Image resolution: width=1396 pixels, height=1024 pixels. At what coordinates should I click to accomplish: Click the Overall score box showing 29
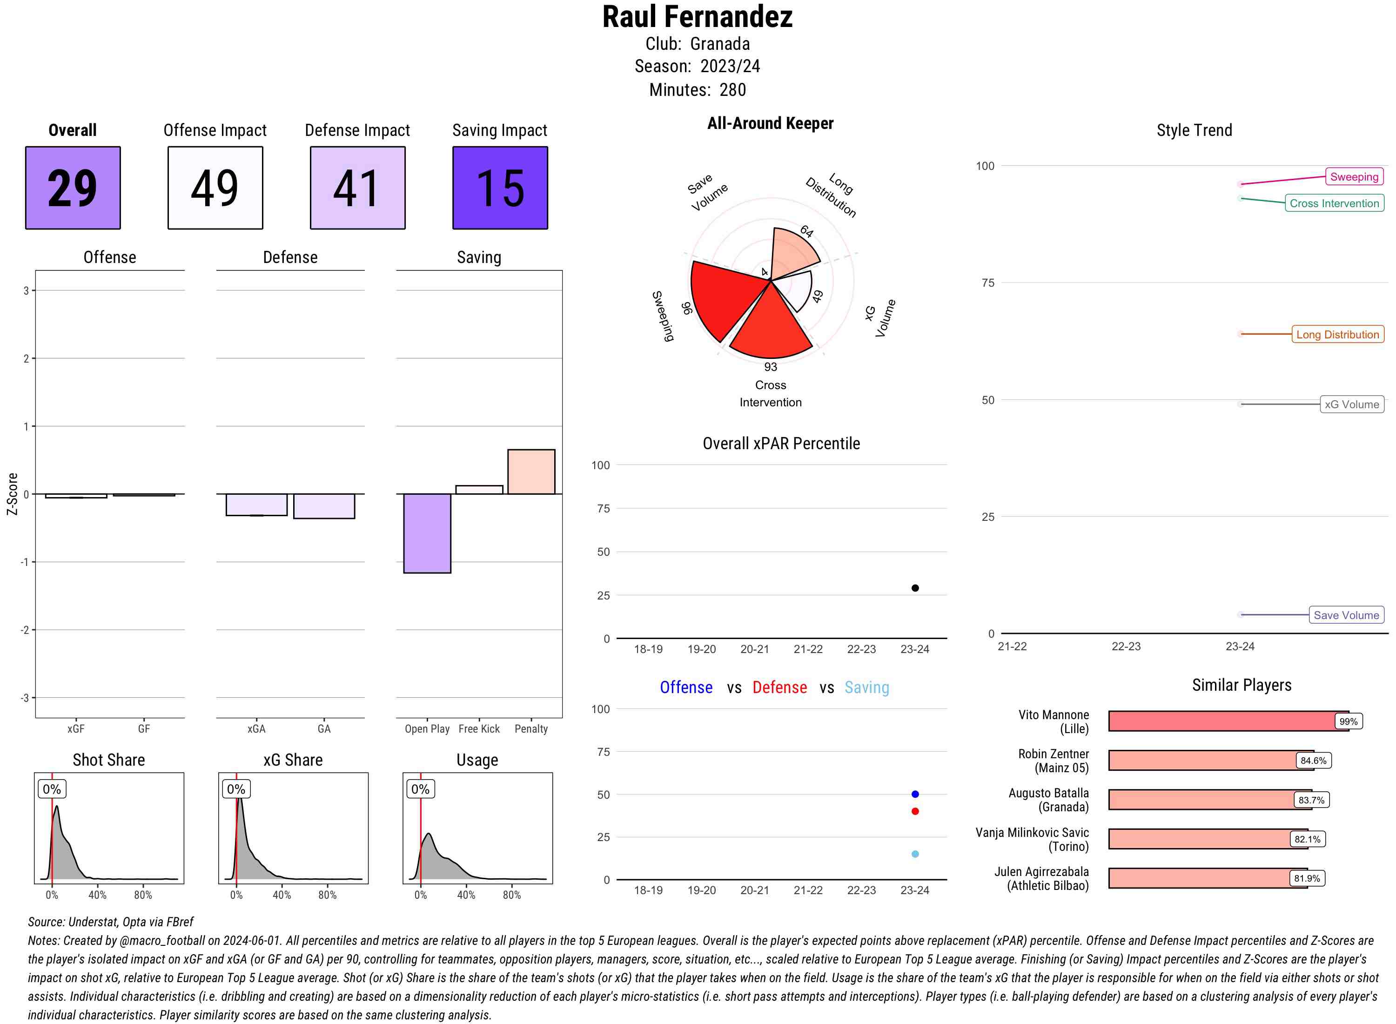(x=73, y=188)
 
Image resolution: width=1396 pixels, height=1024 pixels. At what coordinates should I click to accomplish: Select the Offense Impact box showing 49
(x=215, y=188)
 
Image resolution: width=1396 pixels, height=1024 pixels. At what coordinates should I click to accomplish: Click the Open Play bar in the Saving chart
(x=427, y=533)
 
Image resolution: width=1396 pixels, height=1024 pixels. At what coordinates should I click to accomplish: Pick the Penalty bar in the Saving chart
(x=531, y=471)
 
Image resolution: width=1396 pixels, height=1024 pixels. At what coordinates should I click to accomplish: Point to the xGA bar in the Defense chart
(x=256, y=505)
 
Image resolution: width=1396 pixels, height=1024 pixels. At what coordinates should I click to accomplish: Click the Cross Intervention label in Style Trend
(x=1334, y=203)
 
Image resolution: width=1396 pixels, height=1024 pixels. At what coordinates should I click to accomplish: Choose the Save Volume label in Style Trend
(x=1346, y=615)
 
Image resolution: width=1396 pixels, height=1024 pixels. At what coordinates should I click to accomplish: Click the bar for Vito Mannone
(x=1221, y=721)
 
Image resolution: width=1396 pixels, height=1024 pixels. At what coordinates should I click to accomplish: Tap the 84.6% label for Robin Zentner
(x=1313, y=761)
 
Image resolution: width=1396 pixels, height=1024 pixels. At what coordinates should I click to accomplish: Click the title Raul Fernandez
(x=697, y=17)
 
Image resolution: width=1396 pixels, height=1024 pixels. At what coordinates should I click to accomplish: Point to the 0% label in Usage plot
(x=420, y=789)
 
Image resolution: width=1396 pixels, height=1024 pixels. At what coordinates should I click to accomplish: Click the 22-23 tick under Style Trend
(x=1126, y=647)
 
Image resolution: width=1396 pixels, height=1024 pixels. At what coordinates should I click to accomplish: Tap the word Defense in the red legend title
(x=779, y=687)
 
